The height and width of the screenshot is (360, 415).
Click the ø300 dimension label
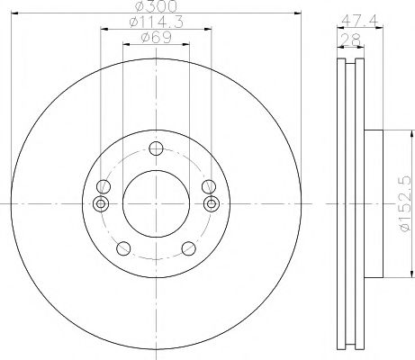(x=156, y=6)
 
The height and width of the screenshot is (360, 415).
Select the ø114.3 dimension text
(x=156, y=22)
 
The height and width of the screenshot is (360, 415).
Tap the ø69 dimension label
(x=156, y=38)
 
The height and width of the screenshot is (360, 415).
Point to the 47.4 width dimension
(x=360, y=21)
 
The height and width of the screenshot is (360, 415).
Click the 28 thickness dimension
(x=351, y=40)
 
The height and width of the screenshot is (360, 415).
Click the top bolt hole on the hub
(x=156, y=148)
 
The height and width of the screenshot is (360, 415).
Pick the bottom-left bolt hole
(x=123, y=248)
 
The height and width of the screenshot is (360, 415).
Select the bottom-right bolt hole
(x=189, y=248)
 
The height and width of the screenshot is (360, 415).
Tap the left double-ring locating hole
(x=101, y=203)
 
